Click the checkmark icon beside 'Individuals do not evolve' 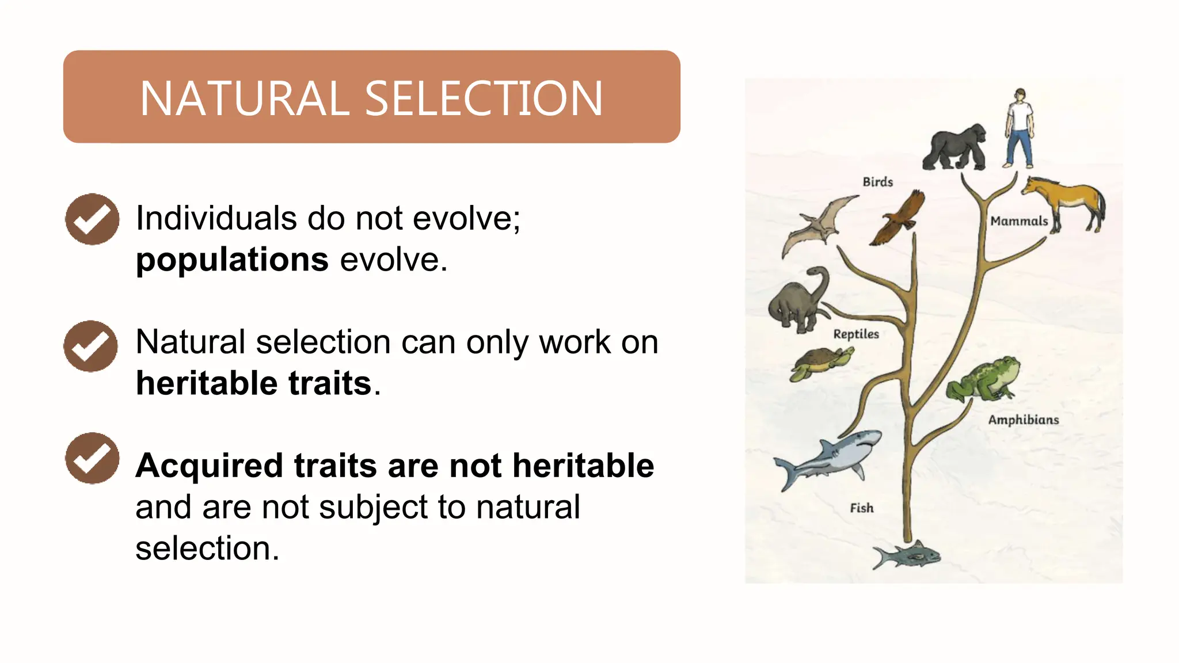click(x=92, y=219)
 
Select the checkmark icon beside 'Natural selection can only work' click(x=91, y=346)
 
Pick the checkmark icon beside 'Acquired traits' click(x=92, y=458)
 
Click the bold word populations click(x=232, y=260)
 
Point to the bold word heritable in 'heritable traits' click(x=208, y=383)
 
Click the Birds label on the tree click(x=877, y=182)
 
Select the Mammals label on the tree click(x=1019, y=221)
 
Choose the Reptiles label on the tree click(x=856, y=334)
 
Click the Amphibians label click(x=1023, y=420)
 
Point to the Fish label click(x=861, y=508)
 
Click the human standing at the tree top click(x=1020, y=128)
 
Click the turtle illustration click(x=820, y=362)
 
